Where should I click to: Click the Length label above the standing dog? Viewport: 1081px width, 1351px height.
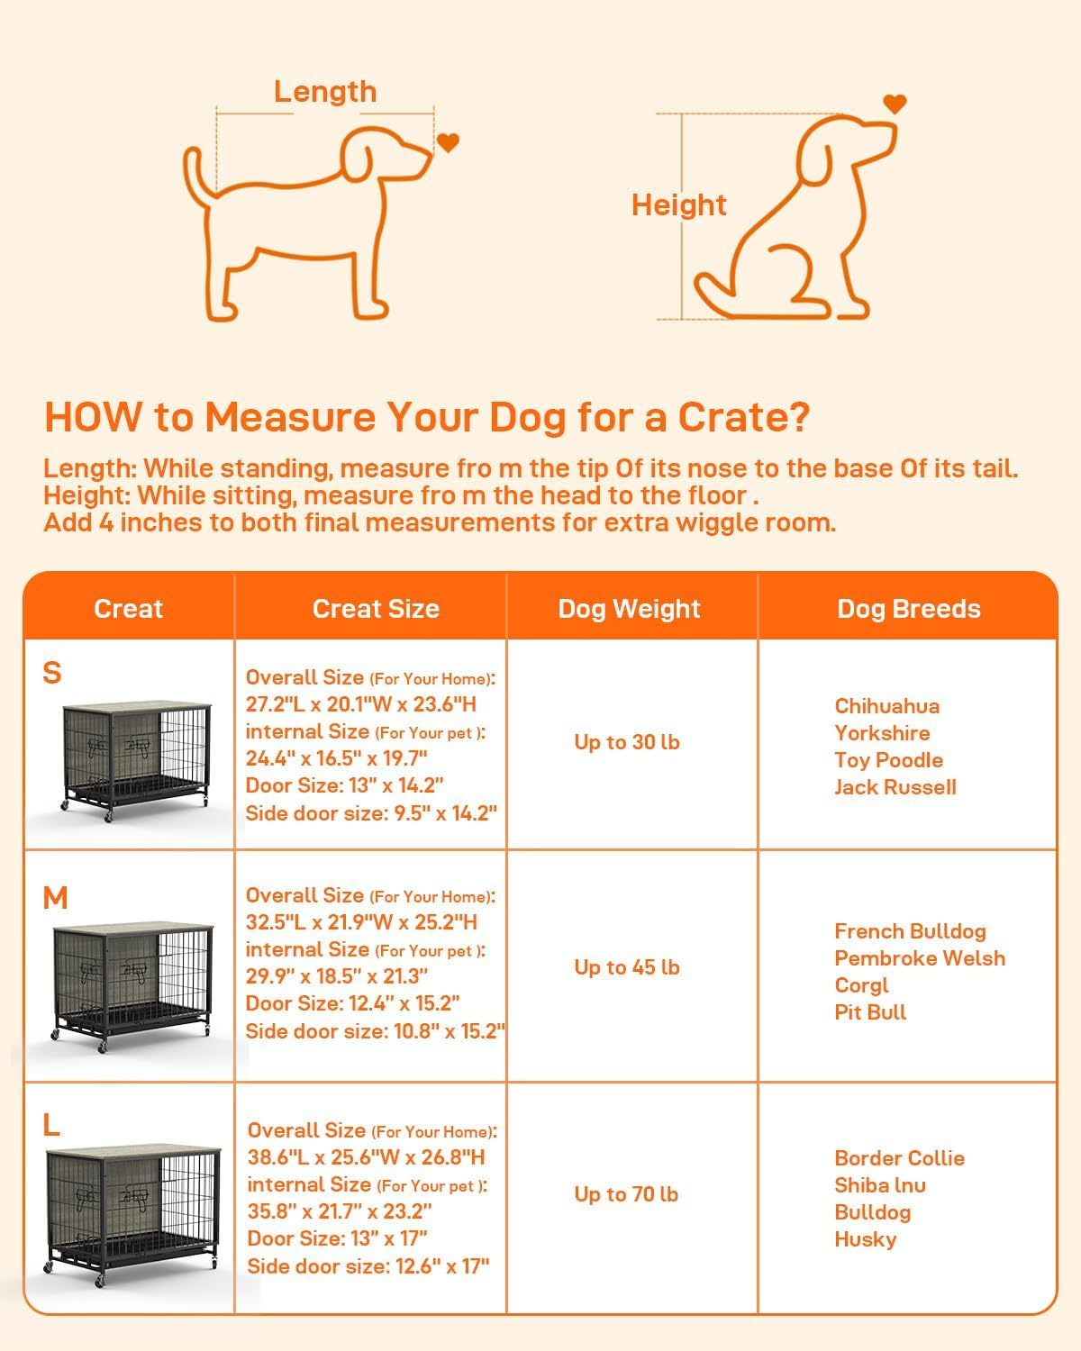click(x=324, y=92)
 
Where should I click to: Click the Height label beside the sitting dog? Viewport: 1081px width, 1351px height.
click(x=678, y=205)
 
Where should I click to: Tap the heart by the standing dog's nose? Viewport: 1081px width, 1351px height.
click(x=448, y=142)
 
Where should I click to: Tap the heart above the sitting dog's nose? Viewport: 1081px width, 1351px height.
click(x=894, y=104)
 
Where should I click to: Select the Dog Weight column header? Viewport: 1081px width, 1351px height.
click(x=629, y=609)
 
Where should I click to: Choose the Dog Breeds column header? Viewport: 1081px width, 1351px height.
click(x=908, y=609)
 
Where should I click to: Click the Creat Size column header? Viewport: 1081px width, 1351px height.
click(x=376, y=609)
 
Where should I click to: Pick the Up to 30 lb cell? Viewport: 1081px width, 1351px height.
click(x=627, y=742)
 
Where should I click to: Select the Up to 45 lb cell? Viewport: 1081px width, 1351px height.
click(x=627, y=967)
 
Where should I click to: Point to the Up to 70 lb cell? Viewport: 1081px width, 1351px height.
click(x=627, y=1194)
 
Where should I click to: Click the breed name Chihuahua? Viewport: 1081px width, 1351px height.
click(x=886, y=706)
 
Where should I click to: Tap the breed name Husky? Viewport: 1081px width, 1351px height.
click(x=865, y=1239)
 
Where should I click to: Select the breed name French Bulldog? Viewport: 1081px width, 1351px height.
click(x=910, y=931)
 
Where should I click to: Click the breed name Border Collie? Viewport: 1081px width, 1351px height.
click(x=899, y=1158)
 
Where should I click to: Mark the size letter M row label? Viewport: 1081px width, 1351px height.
click(x=55, y=898)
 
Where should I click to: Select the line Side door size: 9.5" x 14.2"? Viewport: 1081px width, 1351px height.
click(x=371, y=813)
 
